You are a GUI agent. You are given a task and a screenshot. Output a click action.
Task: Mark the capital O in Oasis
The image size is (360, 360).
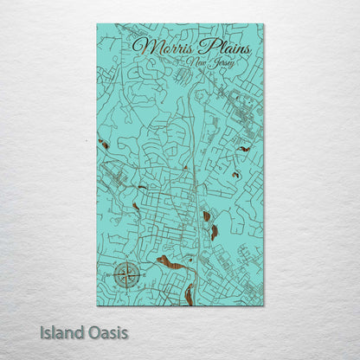(93, 331)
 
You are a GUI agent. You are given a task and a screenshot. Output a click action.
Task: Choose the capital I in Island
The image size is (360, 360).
(42, 331)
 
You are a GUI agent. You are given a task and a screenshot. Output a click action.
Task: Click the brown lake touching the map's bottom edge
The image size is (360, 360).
(189, 294)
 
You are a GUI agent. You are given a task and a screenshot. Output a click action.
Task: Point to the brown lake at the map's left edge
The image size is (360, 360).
(102, 144)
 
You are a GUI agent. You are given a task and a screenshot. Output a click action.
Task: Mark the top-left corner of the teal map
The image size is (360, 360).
(97, 24)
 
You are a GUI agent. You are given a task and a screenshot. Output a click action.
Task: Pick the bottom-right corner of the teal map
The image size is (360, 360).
(264, 305)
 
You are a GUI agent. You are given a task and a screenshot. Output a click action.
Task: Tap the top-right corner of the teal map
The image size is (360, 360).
(264, 24)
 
